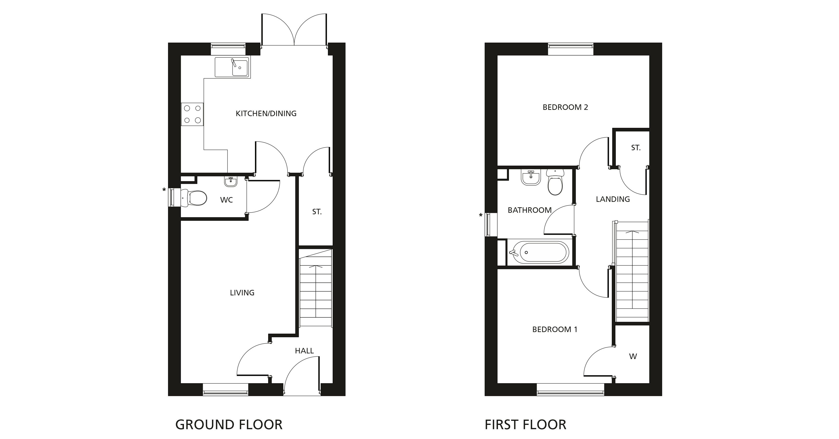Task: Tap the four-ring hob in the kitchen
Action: pos(192,114)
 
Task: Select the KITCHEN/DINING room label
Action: pos(266,113)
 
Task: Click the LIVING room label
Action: pos(242,293)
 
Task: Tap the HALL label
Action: pos(304,351)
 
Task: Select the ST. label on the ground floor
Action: pos(317,212)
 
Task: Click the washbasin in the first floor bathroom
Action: pos(531,178)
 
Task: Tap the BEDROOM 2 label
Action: pos(565,107)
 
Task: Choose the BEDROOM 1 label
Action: pos(555,330)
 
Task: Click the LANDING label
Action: pos(613,199)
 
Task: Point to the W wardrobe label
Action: pos(633,357)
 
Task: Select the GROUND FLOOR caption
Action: pos(229,425)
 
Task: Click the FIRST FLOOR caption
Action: pos(525,425)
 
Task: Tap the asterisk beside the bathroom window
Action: pos(480,215)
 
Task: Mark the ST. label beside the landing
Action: pos(636,148)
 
